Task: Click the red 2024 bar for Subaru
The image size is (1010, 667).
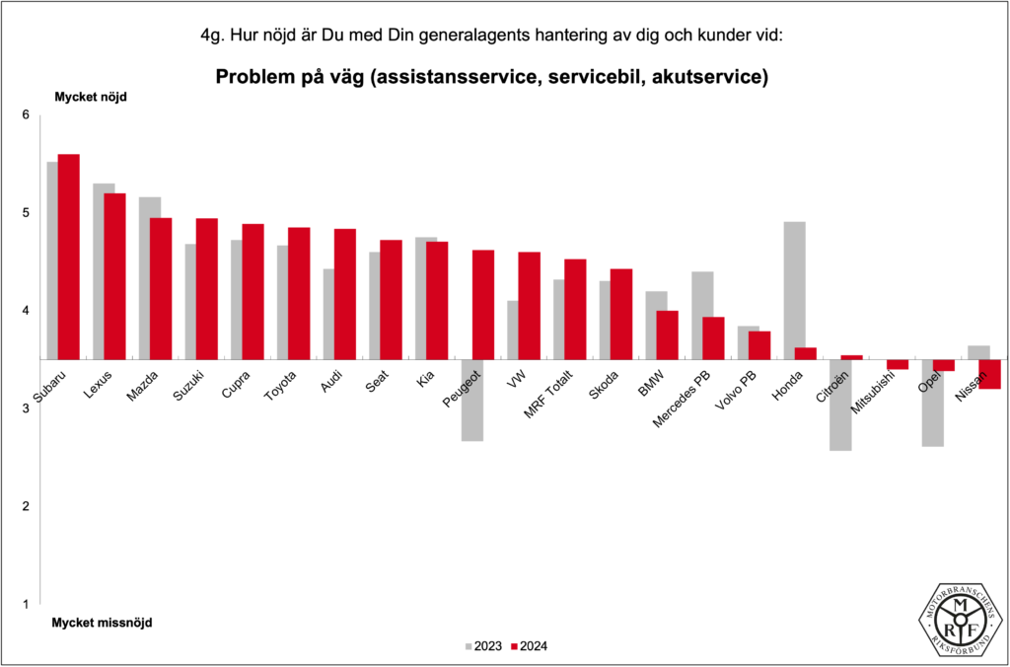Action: (x=68, y=257)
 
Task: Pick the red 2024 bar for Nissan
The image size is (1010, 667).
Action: (x=989, y=374)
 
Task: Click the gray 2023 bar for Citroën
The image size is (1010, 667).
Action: (x=839, y=405)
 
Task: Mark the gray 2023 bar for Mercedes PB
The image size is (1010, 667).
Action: (x=702, y=315)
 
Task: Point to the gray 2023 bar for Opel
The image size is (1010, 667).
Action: (x=932, y=403)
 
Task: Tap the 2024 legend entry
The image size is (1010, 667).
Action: (x=529, y=646)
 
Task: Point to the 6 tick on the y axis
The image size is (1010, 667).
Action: (x=27, y=115)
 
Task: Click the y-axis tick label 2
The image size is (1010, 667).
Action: (x=27, y=506)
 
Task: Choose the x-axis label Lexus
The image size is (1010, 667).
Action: (x=98, y=383)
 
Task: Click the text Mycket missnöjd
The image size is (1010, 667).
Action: (x=102, y=623)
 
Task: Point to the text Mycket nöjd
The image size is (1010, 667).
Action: (x=91, y=97)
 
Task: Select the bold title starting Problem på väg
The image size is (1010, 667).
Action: (x=491, y=77)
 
